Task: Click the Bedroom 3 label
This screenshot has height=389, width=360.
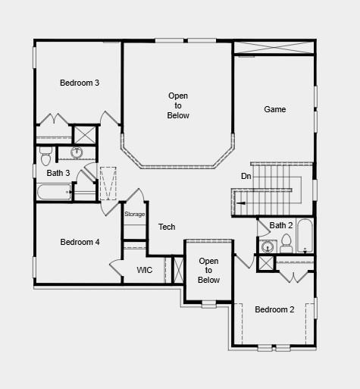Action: [80, 83]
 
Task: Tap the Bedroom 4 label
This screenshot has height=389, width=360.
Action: [80, 242]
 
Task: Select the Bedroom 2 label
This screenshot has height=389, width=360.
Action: [274, 309]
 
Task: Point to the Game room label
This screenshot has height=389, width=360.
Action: [275, 109]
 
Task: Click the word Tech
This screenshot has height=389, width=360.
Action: [167, 227]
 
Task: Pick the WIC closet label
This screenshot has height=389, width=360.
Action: [145, 270]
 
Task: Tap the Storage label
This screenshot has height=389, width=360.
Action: [134, 215]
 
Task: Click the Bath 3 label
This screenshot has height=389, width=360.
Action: [58, 173]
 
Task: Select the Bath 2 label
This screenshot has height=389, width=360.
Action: [281, 225]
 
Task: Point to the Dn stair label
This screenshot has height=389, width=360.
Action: [246, 176]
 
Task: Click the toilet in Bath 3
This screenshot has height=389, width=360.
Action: [45, 156]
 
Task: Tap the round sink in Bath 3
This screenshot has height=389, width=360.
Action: [77, 152]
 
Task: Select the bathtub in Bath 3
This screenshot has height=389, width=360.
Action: [54, 192]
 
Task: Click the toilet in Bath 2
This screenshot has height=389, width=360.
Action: [286, 244]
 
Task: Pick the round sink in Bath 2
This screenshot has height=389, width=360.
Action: [267, 246]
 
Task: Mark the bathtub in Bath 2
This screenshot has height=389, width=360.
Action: [305, 237]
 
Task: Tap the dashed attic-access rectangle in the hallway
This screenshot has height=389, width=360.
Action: [108, 184]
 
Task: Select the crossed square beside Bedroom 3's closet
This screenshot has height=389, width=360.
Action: [84, 134]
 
